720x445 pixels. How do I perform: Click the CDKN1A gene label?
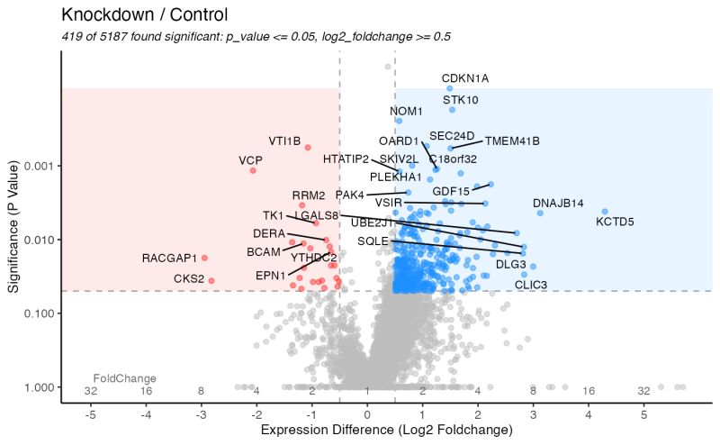point(465,78)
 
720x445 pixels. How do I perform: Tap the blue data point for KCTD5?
point(605,212)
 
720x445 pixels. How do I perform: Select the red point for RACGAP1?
point(204,259)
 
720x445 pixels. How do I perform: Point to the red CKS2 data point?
point(211,280)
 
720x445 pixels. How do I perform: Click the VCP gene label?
point(250,160)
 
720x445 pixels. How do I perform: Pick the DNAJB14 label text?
point(558,203)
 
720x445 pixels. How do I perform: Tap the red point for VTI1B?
point(308,147)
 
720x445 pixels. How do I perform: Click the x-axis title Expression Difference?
point(386,431)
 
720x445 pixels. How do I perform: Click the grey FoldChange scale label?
point(125,378)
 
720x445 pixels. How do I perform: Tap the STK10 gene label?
point(461,100)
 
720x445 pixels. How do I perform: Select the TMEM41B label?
point(512,141)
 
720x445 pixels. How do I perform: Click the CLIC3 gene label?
point(531,285)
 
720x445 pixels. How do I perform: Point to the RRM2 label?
point(309,195)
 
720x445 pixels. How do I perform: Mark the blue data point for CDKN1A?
point(450,88)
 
